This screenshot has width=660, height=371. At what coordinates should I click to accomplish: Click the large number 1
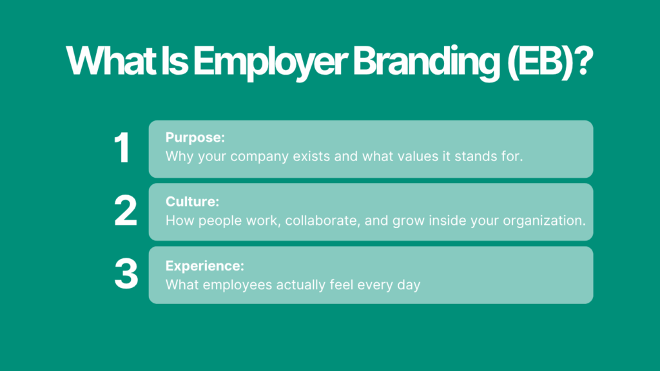(122, 149)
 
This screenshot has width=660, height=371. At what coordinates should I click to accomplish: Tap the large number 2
(126, 211)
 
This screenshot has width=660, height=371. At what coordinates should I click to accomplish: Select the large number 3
(126, 274)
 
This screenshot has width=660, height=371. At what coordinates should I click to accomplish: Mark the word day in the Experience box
(409, 284)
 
